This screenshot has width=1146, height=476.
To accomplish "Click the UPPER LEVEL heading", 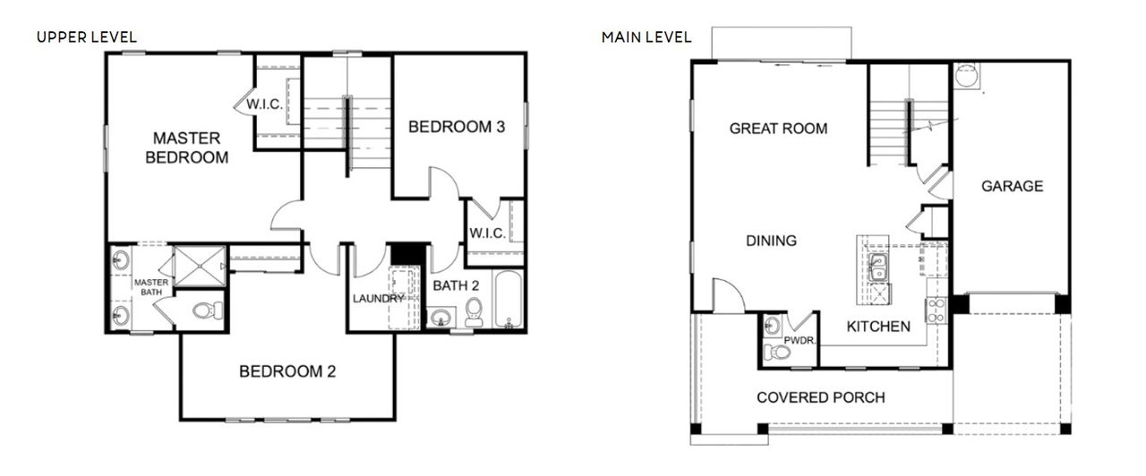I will [x=86, y=37].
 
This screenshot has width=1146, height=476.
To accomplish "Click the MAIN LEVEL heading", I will [x=646, y=37].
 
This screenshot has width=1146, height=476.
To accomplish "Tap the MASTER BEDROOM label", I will [x=186, y=148].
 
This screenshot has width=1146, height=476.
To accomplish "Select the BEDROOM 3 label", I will [x=457, y=127].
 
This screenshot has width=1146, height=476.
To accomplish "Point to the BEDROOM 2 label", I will [x=286, y=371].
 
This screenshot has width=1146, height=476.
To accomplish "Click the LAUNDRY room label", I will [x=377, y=298].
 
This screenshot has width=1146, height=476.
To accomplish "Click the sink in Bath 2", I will [x=440, y=318].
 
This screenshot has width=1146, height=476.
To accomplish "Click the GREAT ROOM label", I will [x=778, y=128].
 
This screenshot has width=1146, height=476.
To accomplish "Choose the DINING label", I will [x=771, y=241].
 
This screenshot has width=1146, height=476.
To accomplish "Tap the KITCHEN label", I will [x=878, y=327].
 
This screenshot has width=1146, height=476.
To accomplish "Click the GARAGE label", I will [x=1012, y=186].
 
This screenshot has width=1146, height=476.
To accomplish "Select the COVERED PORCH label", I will [x=820, y=397].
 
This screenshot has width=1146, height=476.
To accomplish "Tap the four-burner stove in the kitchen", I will [x=936, y=310].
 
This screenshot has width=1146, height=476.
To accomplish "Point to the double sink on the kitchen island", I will [x=878, y=265].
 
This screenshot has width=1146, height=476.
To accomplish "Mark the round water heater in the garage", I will [x=967, y=78].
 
